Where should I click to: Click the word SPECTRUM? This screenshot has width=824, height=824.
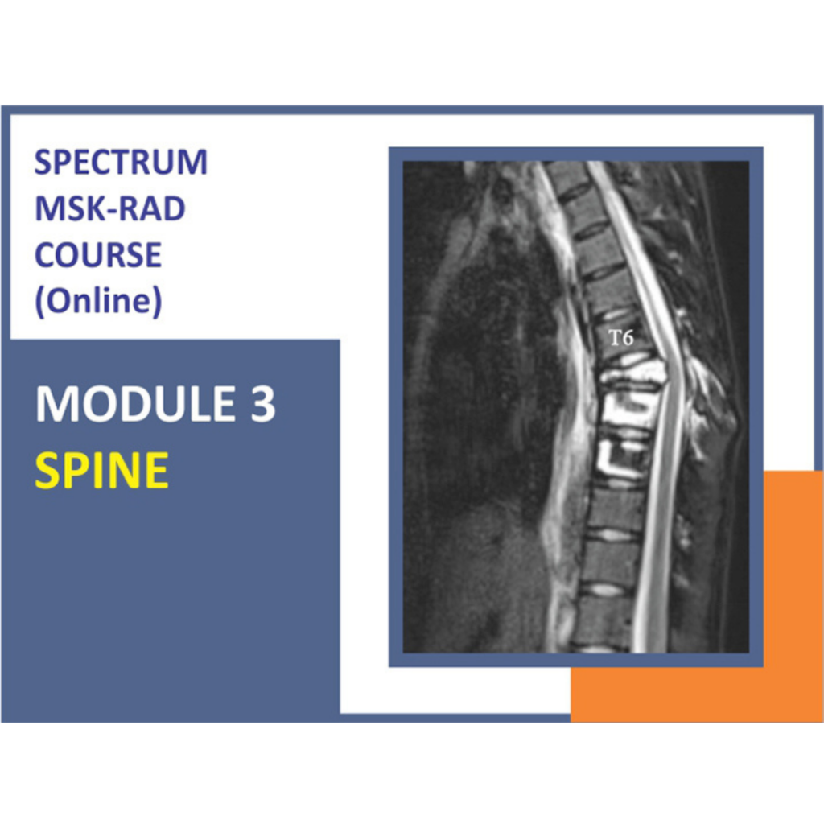121,163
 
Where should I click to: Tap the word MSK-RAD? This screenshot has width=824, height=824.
110,209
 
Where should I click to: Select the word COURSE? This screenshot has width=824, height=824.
97,256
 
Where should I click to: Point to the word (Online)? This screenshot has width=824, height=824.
97,302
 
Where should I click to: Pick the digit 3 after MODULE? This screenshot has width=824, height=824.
263,405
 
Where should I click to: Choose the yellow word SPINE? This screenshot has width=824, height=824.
101,471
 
